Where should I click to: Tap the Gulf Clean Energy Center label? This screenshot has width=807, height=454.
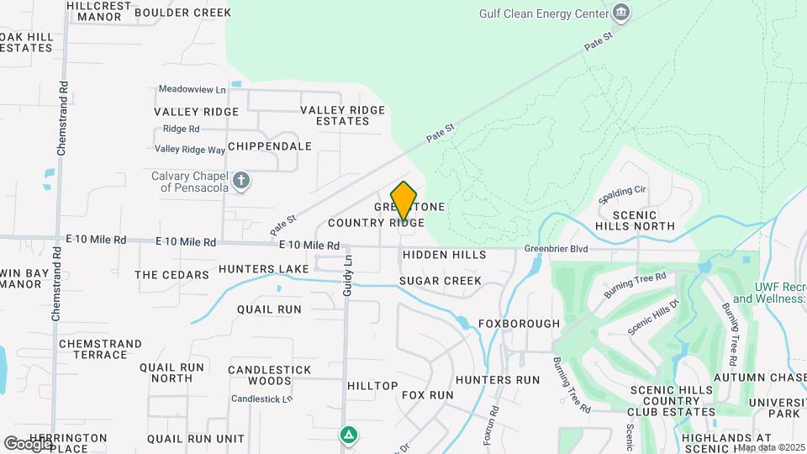[x=544, y=13]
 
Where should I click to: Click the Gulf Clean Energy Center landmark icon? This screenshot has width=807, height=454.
[x=621, y=12]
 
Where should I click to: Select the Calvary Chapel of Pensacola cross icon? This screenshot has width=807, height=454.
[x=241, y=181]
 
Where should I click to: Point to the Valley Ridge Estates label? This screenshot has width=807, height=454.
[x=343, y=115]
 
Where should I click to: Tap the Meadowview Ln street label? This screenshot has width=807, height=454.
[x=193, y=89]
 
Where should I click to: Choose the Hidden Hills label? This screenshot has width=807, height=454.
[x=444, y=255]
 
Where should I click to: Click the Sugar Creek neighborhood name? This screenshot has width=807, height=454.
[x=440, y=281]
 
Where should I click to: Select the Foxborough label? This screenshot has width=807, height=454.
[x=519, y=324]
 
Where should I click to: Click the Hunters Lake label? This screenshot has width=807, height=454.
[x=264, y=269]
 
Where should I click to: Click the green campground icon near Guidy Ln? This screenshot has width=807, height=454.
[x=347, y=435]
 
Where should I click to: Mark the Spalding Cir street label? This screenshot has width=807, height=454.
[x=622, y=195]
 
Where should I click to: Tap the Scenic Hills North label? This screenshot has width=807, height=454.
[x=645, y=220]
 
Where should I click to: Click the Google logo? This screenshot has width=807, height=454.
[x=27, y=443]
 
